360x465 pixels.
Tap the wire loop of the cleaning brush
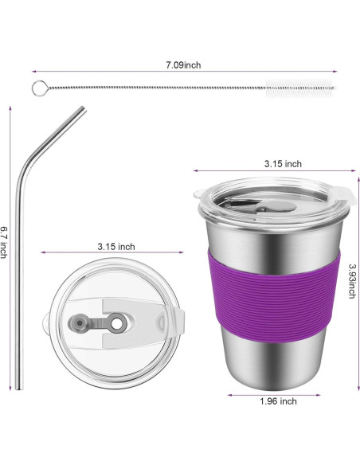click(37, 88)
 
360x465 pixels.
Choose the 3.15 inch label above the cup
click(283, 164)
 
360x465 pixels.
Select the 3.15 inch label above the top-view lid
click(115, 246)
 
